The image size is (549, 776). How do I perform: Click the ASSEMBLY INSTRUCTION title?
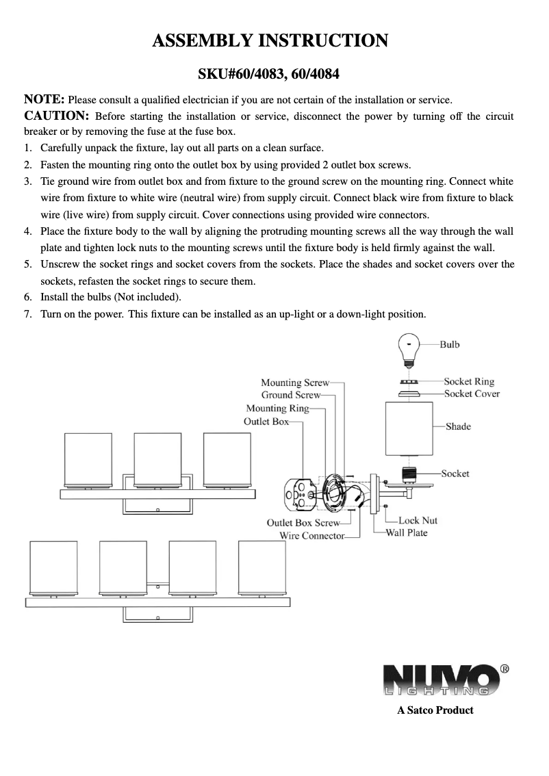[270, 40]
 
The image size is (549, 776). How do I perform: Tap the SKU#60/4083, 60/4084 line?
[270, 73]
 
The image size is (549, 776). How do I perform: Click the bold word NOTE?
[44, 99]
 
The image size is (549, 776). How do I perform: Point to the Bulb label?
[449, 344]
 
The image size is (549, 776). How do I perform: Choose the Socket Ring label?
[468, 381]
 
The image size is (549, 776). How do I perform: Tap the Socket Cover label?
[472, 393]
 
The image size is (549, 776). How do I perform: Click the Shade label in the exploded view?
[458, 426]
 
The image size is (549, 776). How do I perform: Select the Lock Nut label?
[418, 520]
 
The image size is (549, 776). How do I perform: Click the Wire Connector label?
[311, 535]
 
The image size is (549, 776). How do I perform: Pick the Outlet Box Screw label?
[303, 523]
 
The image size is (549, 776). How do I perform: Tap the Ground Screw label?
[290, 395]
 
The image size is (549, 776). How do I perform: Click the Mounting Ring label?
[277, 409]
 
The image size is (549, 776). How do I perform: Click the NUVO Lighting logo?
[441, 680]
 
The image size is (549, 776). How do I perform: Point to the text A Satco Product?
[435, 710]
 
